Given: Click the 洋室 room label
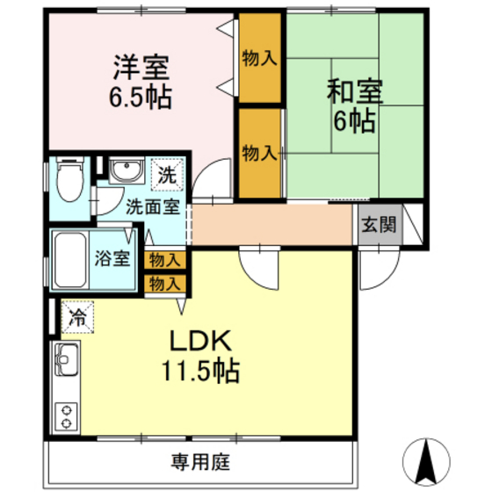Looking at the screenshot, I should point(140,67).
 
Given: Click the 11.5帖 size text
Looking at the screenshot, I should point(199,371).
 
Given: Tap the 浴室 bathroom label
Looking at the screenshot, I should point(113,259).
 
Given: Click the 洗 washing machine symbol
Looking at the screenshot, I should point(166,174).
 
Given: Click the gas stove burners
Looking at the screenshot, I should point(66,415).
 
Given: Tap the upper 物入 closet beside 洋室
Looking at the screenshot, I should point(259,59).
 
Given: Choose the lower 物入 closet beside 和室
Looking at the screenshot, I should point(259,152).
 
